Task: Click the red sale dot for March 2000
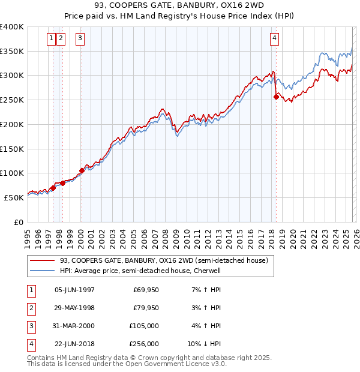(x=82, y=170)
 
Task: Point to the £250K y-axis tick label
(x=12, y=100)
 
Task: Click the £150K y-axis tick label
(x=12, y=149)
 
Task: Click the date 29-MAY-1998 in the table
(x=74, y=308)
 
